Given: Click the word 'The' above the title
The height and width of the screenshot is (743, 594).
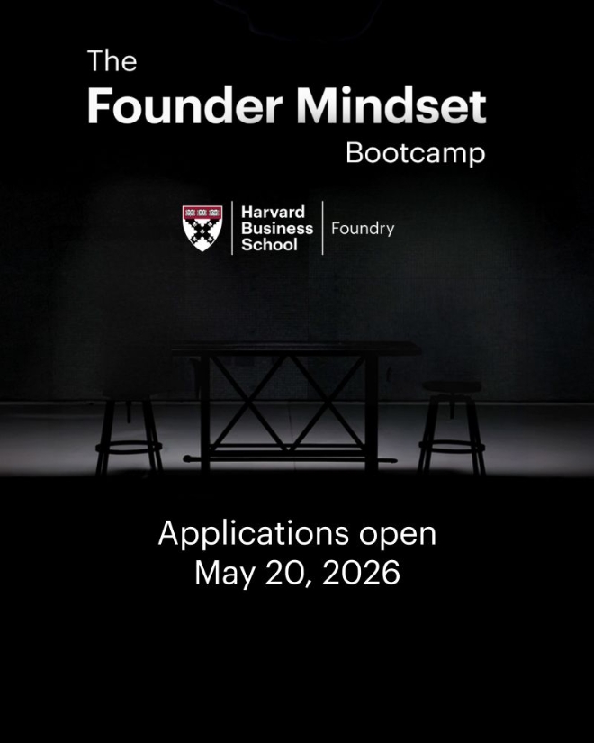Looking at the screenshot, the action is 112,61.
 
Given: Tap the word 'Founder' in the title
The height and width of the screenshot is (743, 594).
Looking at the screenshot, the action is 185,105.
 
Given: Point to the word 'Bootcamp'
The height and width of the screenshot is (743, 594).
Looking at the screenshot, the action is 416,153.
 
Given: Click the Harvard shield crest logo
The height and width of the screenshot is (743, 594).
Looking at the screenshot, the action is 202,228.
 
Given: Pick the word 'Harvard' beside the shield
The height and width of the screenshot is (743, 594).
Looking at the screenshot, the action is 273,212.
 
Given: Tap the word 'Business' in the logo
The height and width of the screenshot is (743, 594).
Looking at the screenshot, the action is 277,229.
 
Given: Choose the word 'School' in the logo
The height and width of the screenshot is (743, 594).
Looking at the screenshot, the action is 269,244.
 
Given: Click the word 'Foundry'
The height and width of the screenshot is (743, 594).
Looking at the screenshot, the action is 363,229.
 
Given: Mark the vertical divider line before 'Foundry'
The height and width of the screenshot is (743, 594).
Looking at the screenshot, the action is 323,228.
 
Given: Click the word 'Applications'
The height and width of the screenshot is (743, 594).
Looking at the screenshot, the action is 254,534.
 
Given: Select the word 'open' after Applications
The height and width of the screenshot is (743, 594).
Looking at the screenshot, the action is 398,536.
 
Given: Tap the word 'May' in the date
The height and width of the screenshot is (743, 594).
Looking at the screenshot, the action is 226,574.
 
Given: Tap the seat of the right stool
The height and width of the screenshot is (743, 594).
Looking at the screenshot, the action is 452,386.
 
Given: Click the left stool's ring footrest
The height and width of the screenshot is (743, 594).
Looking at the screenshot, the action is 129,447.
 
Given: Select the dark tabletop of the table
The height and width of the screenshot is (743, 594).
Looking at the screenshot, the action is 296,349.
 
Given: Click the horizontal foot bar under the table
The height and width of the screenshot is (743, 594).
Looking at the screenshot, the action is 290,459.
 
